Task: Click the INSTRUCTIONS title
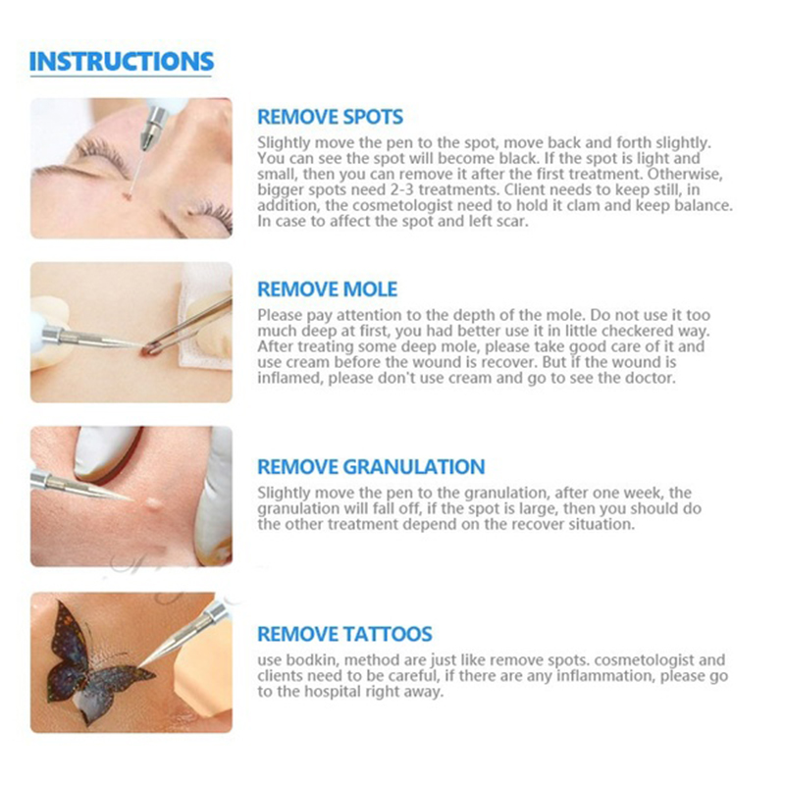pyautogui.click(x=122, y=62)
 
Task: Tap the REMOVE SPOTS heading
pyautogui.click(x=330, y=117)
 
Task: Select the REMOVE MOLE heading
pyautogui.click(x=328, y=289)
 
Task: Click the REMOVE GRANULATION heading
pyautogui.click(x=371, y=467)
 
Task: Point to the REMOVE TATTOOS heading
pyautogui.click(x=344, y=634)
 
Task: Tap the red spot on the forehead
pyautogui.click(x=128, y=195)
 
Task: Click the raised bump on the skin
pyautogui.click(x=154, y=502)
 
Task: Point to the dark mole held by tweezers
pyautogui.click(x=147, y=350)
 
